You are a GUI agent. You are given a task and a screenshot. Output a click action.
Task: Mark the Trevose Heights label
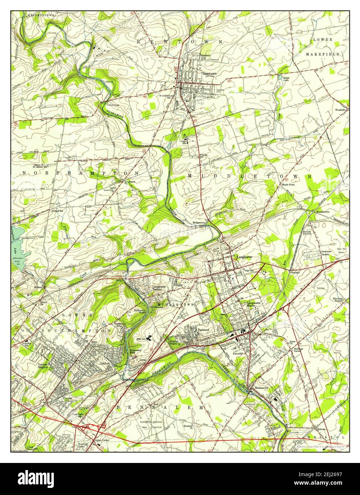pos(42,366)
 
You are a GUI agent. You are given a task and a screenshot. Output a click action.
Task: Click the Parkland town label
pos(203,330)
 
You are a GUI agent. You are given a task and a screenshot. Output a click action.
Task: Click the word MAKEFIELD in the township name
pos(322,54)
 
